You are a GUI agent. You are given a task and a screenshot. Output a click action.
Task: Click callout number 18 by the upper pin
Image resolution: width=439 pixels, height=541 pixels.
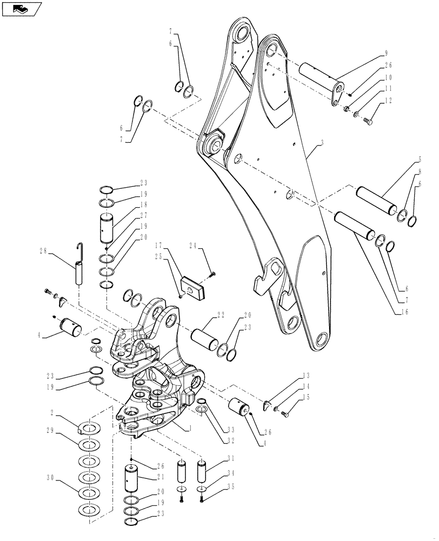click(x=129, y=205)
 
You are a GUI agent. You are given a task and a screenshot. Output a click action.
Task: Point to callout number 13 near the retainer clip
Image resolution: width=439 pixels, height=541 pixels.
click(x=305, y=375)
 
